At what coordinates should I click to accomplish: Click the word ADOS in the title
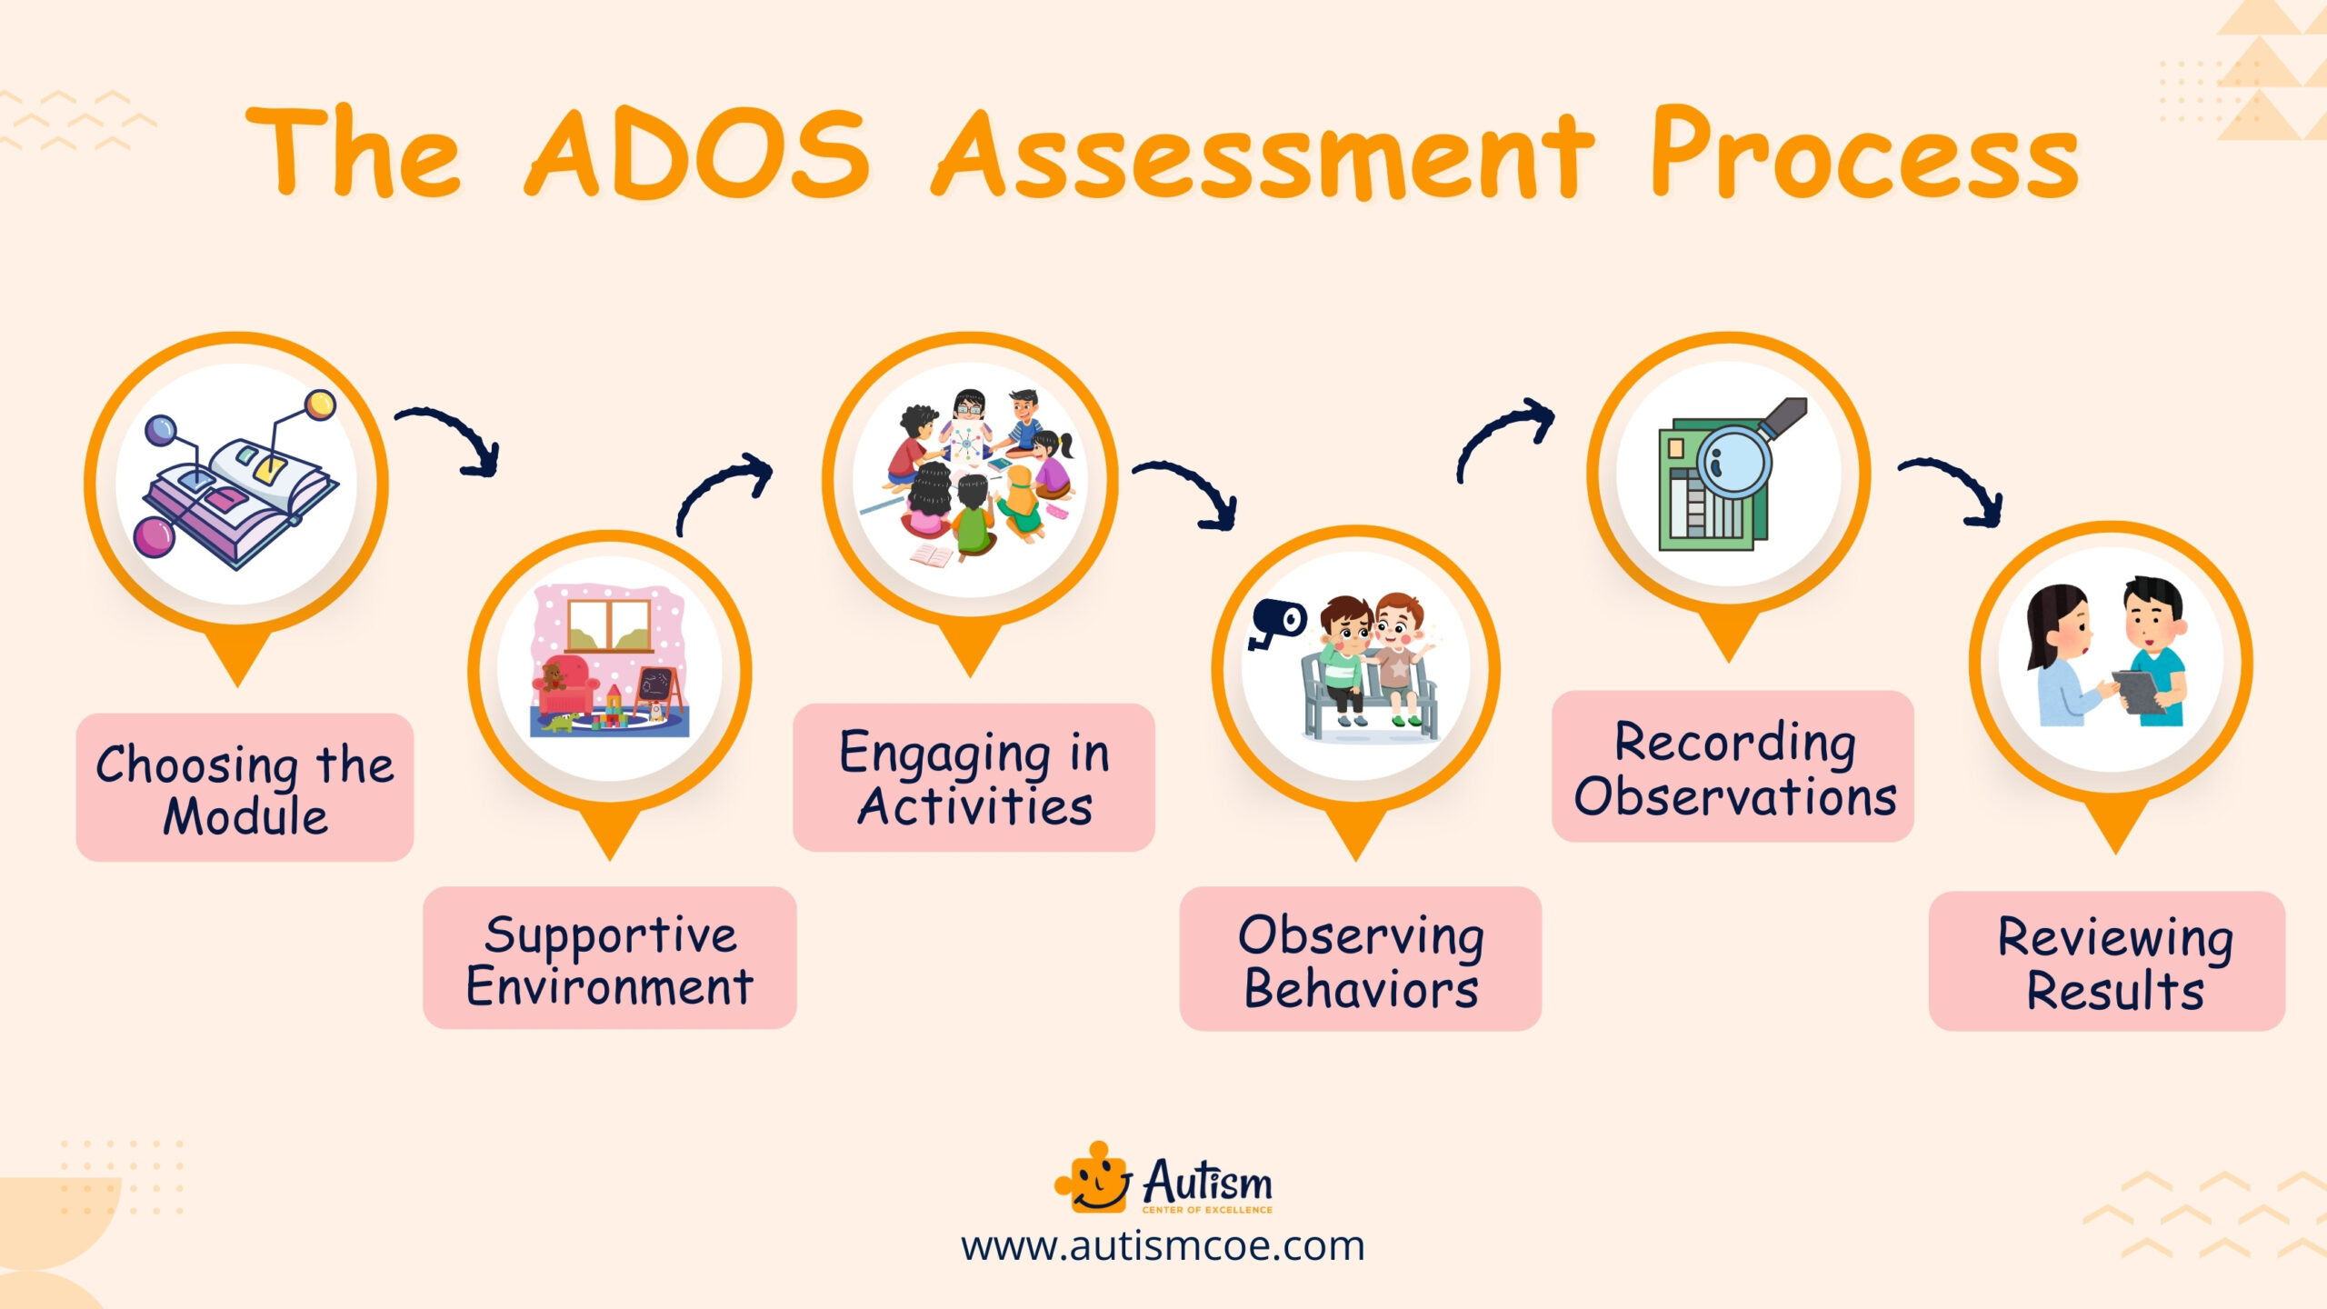coord(698,155)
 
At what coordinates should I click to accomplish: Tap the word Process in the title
coord(1863,155)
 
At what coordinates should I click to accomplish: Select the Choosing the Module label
coord(245,787)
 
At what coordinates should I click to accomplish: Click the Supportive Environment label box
coord(609,958)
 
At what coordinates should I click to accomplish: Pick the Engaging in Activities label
coord(974,777)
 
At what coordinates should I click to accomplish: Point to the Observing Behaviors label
coord(1360,959)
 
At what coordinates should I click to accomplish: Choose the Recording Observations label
coord(1733,766)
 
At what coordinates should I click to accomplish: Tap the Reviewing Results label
coord(2106,961)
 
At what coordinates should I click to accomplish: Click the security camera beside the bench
coord(1276,623)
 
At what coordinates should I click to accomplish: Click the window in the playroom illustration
coord(609,625)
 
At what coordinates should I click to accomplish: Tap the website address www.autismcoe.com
coord(1163,1246)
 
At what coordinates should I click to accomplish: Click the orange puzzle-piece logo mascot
coord(1094,1178)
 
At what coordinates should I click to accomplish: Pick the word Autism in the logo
coord(1207,1181)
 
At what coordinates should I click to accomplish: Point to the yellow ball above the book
coord(320,405)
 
